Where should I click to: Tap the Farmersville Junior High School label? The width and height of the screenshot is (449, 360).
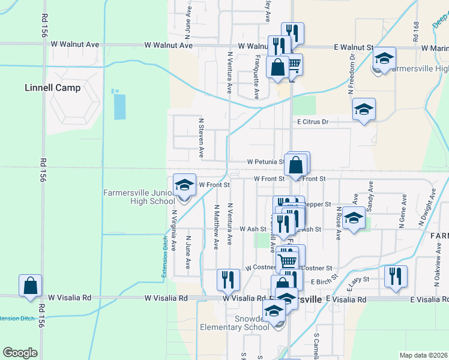[x=139, y=197]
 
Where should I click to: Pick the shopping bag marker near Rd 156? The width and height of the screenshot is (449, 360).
[x=30, y=286]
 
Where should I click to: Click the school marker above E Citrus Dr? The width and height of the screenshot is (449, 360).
[x=364, y=110]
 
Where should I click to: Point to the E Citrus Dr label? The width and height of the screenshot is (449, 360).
[x=313, y=122]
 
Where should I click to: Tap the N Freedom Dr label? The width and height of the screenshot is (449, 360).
[x=351, y=75]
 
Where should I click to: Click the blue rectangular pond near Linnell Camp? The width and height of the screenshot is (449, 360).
[x=119, y=104]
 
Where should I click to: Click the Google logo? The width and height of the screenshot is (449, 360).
[x=20, y=352]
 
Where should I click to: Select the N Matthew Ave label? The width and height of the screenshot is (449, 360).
[x=216, y=227]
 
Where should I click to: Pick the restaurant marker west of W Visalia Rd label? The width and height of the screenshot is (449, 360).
[x=228, y=280]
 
